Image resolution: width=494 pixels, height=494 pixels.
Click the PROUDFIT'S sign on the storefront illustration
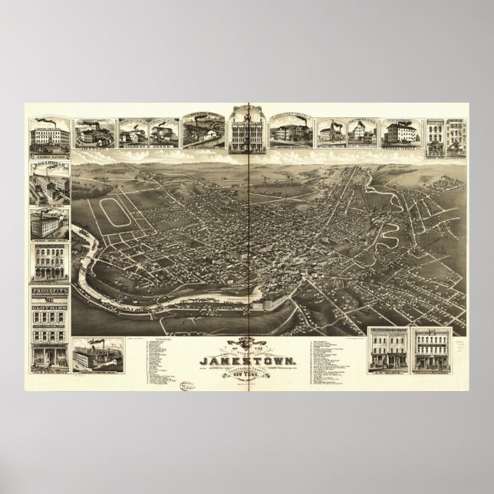point(49,292)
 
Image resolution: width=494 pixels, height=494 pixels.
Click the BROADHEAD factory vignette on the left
point(50,185)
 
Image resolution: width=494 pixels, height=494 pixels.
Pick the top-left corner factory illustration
point(50,135)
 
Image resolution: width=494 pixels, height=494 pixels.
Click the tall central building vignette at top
point(246,127)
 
